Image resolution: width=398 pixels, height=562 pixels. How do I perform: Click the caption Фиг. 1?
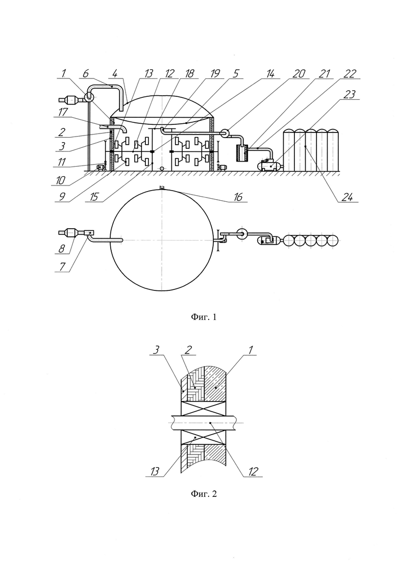[204, 317]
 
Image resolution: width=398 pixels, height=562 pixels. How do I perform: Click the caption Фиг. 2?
[204, 494]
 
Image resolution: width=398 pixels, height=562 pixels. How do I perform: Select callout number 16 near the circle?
[238, 196]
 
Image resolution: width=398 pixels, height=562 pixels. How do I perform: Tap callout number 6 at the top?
[85, 73]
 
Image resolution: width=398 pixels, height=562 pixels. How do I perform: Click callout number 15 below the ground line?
[94, 197]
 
